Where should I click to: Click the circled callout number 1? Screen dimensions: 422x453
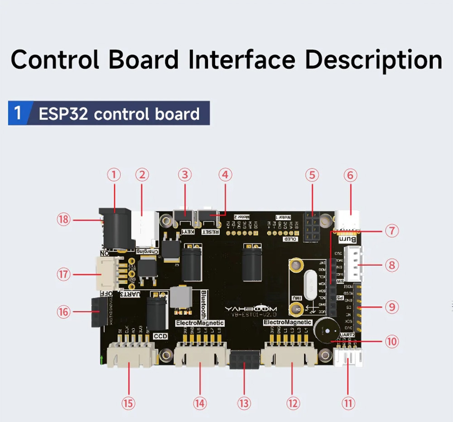114,174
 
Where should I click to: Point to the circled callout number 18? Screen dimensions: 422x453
64,220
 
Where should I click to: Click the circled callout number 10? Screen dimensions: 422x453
391,341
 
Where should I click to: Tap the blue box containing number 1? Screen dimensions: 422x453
18,113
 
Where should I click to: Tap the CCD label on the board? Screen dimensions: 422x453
160,336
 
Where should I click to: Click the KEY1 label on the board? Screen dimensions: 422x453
187,231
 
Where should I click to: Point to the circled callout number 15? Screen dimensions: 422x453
129,402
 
